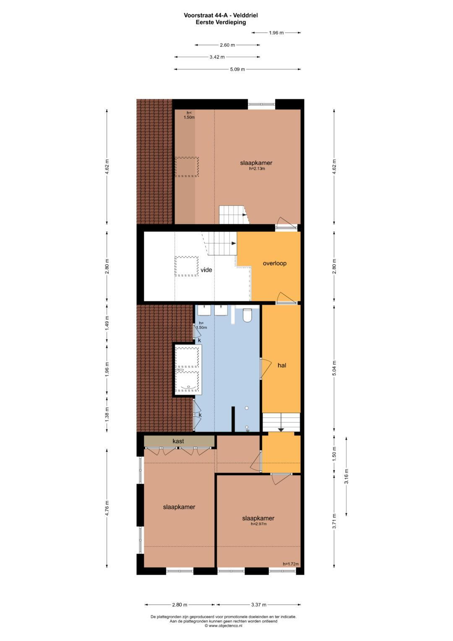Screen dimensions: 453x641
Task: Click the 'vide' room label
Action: coord(206,270)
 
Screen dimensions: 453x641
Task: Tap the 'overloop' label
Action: coord(275,263)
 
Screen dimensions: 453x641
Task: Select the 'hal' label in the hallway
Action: coord(282,365)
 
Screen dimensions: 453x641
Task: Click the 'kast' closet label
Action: coord(178,441)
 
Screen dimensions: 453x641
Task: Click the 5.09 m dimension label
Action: coord(237,69)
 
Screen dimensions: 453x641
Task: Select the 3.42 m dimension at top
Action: coord(217,57)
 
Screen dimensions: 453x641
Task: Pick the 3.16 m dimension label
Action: coord(346,476)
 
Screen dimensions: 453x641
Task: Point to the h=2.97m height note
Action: coord(259,524)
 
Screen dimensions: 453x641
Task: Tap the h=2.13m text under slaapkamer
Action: coord(257,169)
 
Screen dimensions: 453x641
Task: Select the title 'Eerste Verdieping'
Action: coord(221,22)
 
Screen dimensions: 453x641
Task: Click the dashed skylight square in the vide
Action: coord(187,266)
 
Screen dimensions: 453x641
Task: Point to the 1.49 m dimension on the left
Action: coord(107,323)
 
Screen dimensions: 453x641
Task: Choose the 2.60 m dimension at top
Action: coord(227,45)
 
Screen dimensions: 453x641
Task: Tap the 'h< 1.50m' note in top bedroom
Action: coord(189,115)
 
